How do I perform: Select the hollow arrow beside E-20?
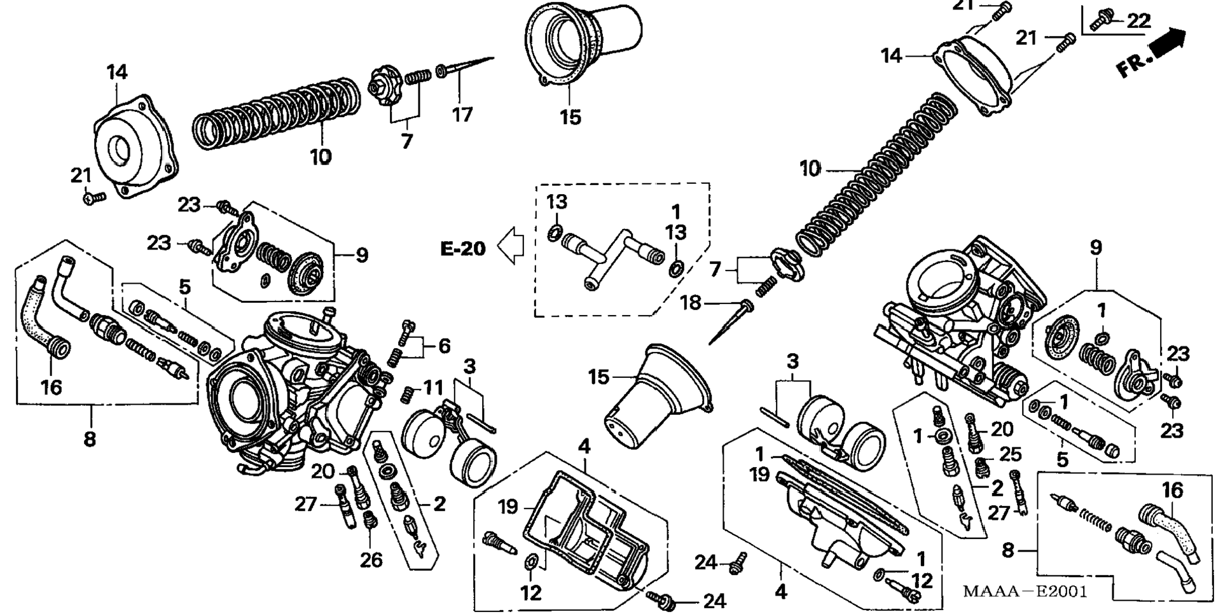tap(510, 247)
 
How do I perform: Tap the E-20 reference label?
tap(463, 248)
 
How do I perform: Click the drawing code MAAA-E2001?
tap(1025, 591)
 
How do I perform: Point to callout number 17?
tap(462, 115)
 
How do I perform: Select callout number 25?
tap(1009, 454)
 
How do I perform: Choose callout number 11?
tap(433, 387)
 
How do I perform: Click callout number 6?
tap(444, 346)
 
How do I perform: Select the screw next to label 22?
tap(1100, 21)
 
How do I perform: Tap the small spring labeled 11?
tap(408, 395)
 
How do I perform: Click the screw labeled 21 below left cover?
tap(94, 199)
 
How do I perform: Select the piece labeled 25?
tap(983, 466)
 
